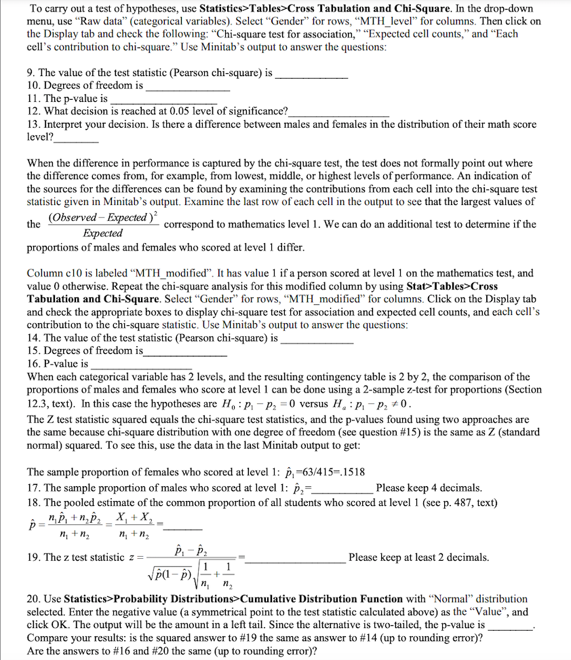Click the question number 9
pyautogui.click(x=31, y=73)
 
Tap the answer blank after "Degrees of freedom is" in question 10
pyautogui.click(x=188, y=87)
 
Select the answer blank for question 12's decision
pyautogui.click(x=338, y=111)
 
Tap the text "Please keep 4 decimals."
pyautogui.click(x=429, y=488)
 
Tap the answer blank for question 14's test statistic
pyautogui.click(x=317, y=338)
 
